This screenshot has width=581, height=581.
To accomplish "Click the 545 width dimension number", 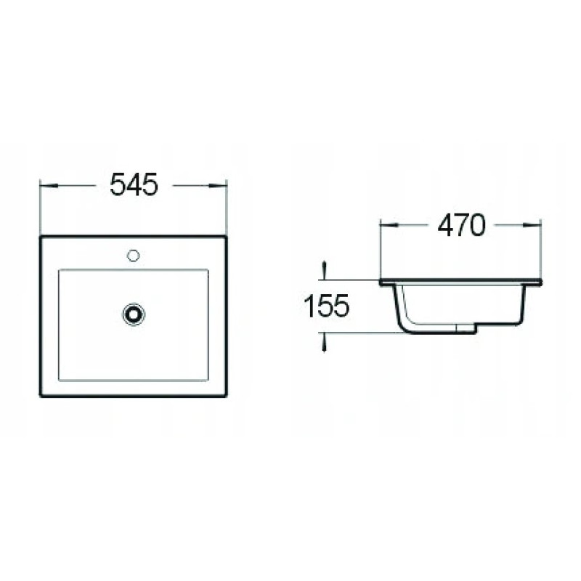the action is [134, 184].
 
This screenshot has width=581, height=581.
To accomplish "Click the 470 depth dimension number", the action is [461, 225].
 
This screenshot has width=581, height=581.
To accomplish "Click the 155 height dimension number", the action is [326, 306].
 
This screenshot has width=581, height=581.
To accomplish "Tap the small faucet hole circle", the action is [133, 256].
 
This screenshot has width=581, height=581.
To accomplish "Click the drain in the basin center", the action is [134, 314].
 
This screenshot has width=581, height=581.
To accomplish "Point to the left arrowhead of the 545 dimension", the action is [49, 185].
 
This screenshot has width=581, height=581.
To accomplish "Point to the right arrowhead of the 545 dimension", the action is [217, 185].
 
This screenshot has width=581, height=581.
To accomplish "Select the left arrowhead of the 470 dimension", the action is [389, 224].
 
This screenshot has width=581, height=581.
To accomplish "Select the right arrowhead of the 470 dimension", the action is [532, 224].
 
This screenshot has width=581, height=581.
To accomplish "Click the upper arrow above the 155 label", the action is [324, 269].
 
